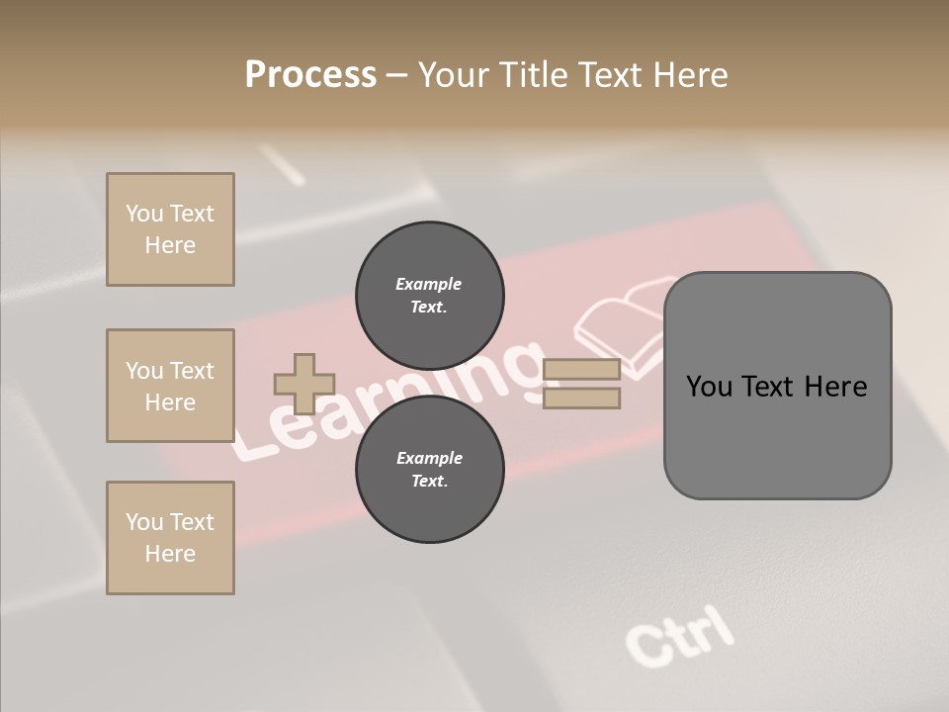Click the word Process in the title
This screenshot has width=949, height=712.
[310, 75]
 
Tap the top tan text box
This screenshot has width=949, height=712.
[170, 229]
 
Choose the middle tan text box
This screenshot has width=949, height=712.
[170, 386]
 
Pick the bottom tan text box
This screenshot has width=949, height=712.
[170, 538]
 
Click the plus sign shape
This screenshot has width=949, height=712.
[303, 384]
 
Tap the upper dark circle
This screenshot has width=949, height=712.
[429, 295]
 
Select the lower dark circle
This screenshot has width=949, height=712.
[429, 470]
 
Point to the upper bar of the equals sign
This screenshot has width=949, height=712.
[582, 369]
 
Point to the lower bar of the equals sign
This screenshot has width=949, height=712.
[582, 399]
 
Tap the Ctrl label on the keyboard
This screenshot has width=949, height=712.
[680, 635]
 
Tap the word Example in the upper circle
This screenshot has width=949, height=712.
[429, 284]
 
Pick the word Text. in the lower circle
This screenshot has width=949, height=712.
[429, 482]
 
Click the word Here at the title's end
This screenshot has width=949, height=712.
[688, 75]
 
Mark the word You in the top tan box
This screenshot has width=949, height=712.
[144, 214]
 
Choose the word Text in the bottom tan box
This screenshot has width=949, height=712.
[192, 522]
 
